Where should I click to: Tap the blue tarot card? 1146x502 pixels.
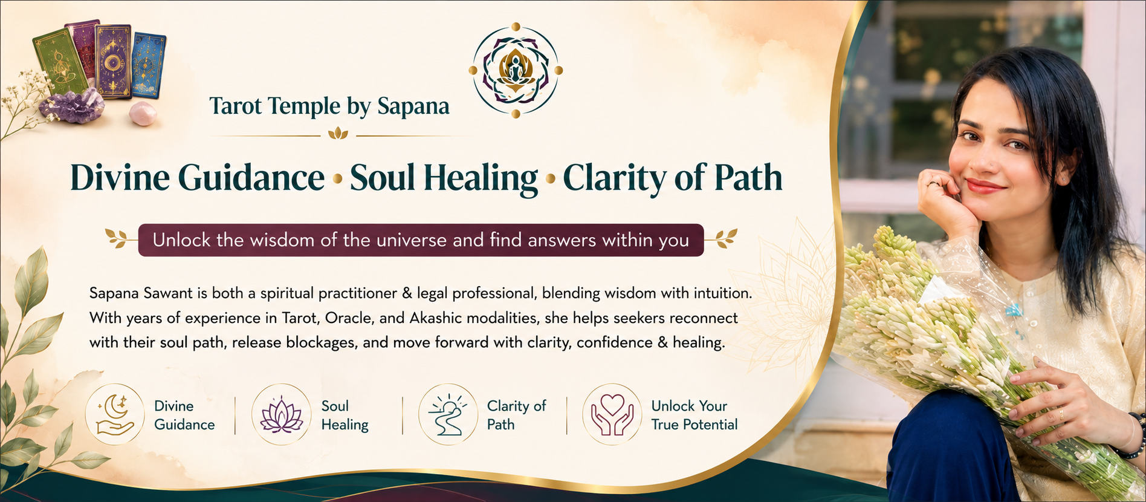pyautogui.click(x=149, y=65)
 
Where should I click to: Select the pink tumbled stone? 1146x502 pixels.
pyautogui.click(x=143, y=114)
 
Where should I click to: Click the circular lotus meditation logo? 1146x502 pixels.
pyautogui.click(x=516, y=70)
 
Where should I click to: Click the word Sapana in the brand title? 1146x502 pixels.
pyautogui.click(x=413, y=106)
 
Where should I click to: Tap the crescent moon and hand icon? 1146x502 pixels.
pyautogui.click(x=115, y=414)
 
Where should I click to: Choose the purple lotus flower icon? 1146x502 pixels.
pyautogui.click(x=281, y=414)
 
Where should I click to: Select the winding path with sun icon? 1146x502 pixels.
pyautogui.click(x=448, y=414)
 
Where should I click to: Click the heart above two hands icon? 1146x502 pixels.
pyautogui.click(x=612, y=414)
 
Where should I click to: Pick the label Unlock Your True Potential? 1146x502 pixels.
pyautogui.click(x=694, y=415)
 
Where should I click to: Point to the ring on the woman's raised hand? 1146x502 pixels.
pyautogui.click(x=934, y=183)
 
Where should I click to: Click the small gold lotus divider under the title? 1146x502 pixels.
pyautogui.click(x=338, y=134)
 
